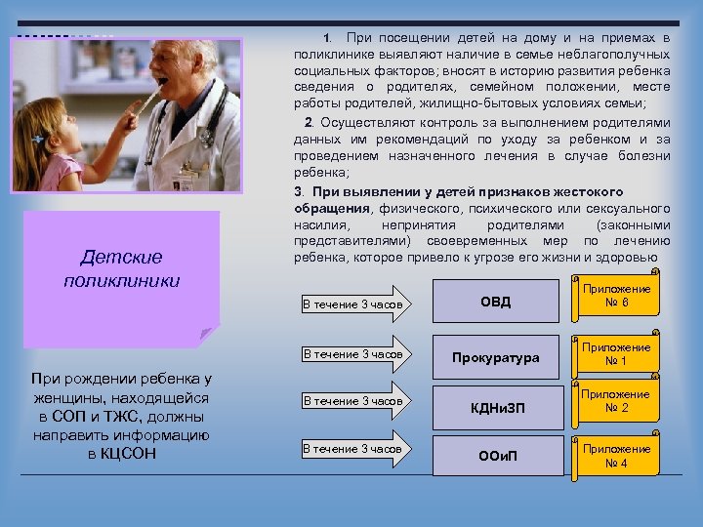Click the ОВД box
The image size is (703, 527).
click(495, 303)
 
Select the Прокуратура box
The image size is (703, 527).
click(495, 357)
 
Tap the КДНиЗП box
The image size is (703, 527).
click(495, 407)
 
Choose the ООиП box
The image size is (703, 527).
click(495, 456)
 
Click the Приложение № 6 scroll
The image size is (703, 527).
click(615, 296)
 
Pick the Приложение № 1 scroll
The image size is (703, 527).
click(615, 354)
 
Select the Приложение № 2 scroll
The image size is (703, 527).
click(615, 401)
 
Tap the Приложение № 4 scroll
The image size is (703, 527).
click(615, 456)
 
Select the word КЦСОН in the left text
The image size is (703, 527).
click(122, 454)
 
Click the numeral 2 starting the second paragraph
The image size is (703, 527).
click(309, 123)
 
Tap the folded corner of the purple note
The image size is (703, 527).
click(207, 335)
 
